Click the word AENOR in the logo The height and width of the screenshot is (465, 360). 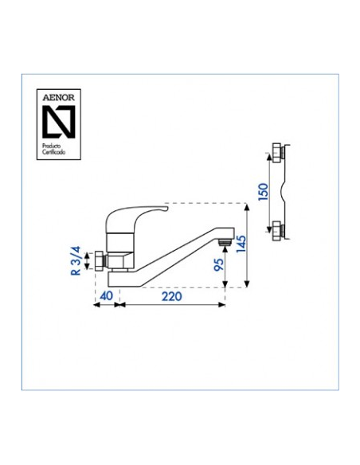click(58, 98)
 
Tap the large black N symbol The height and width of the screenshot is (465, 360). click(59, 122)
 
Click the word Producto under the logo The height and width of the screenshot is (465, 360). click(51, 146)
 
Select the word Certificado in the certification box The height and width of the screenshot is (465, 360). click(53, 152)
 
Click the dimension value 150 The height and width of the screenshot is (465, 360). click(263, 192)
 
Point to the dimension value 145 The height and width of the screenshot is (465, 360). click(241, 244)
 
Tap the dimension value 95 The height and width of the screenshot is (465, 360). click(218, 264)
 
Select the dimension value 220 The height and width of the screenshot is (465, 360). click(172, 296)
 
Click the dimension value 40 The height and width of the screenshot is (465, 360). click(107, 296)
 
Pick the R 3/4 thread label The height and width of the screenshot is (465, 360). click(76, 260)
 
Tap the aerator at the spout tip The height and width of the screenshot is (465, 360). click(225, 242)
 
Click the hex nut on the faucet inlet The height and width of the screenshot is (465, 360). click(100, 261)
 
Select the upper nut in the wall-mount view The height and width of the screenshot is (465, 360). click(277, 153)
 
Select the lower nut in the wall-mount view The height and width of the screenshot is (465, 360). click(277, 230)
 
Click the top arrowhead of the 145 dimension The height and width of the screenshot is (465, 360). click(246, 207)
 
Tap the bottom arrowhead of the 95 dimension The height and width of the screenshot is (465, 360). click(225, 283)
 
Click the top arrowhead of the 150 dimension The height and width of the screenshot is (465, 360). click(268, 157)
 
